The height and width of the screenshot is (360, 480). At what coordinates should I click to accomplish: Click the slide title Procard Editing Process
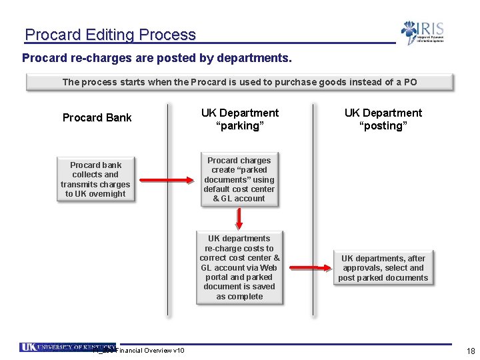pos(110,35)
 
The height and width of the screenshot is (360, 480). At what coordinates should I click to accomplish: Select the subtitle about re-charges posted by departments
pos(157,59)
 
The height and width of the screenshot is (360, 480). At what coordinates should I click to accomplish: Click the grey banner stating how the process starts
pos(239,82)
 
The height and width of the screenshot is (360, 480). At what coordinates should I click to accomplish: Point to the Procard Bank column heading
pos(97,118)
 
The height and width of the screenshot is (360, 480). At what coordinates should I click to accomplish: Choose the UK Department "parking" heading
pos(239,119)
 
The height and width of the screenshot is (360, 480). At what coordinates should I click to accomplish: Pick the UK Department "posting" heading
pos(383,119)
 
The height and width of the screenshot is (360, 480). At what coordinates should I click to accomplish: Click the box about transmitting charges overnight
pos(95,179)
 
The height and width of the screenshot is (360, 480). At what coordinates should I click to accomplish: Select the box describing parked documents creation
pos(239,179)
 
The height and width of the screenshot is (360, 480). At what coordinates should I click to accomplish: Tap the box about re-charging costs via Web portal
pos(239,267)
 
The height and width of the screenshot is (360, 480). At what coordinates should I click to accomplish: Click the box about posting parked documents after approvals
pos(383,268)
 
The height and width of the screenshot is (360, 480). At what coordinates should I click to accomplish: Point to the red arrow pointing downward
pos(239,217)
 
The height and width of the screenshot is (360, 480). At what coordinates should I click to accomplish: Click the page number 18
pos(471,351)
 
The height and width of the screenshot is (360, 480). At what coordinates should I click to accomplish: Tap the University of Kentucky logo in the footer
pos(67,347)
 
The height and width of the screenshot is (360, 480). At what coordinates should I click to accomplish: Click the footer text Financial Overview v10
pos(150,351)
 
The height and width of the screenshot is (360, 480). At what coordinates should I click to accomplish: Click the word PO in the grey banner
pos(410,82)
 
